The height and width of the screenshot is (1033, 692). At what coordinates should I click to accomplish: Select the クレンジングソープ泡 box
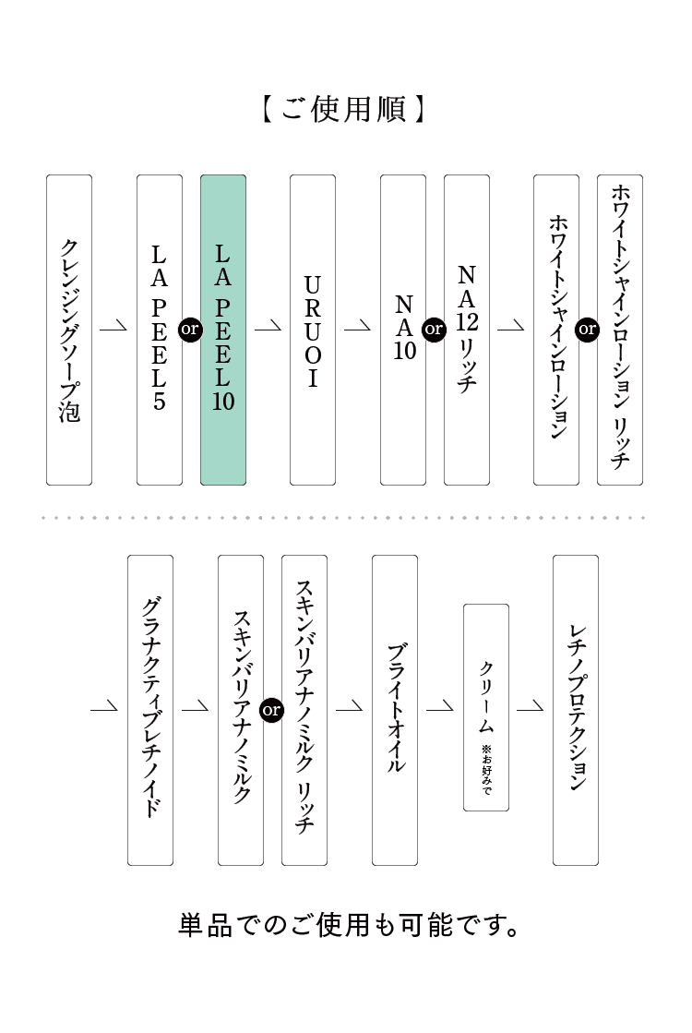69,330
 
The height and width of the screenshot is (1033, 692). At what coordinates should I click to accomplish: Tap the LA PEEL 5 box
160,330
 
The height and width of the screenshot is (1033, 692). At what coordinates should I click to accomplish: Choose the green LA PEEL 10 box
223,330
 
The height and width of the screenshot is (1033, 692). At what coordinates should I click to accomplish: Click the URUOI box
313,330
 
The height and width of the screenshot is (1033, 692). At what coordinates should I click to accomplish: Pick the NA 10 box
403,330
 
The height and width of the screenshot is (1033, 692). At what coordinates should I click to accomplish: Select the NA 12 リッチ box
467,330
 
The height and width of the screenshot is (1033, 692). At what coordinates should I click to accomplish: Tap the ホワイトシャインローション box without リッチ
556,330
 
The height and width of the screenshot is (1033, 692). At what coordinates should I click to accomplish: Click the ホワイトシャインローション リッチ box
620,330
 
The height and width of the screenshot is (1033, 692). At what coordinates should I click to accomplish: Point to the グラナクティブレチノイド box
150,710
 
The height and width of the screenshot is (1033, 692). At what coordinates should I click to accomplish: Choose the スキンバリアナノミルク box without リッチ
241,710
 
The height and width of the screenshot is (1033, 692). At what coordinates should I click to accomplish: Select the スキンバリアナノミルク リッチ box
304,710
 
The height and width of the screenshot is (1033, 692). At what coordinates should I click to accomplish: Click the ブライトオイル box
395,710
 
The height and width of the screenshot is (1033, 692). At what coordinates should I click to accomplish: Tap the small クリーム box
485,707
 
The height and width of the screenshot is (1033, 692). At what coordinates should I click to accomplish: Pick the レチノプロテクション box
576,710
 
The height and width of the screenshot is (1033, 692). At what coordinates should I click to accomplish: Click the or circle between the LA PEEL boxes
191,329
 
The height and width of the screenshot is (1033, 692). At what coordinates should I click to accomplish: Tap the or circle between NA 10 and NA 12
434,329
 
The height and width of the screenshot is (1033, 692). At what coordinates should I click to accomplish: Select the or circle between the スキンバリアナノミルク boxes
272,710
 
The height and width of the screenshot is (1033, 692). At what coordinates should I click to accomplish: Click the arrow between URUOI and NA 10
357,327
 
